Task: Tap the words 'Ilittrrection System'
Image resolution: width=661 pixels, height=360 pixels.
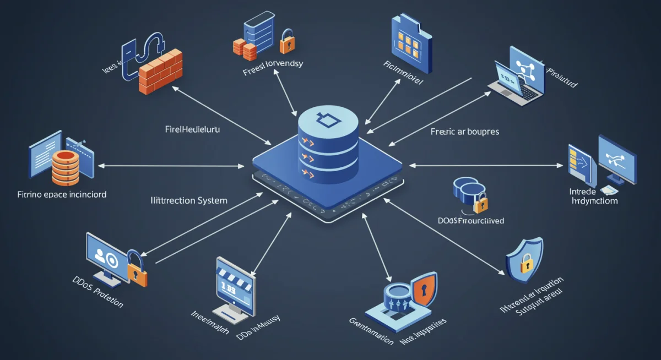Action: coord(189,200)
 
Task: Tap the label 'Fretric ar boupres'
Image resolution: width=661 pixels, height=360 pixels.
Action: coord(464,132)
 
